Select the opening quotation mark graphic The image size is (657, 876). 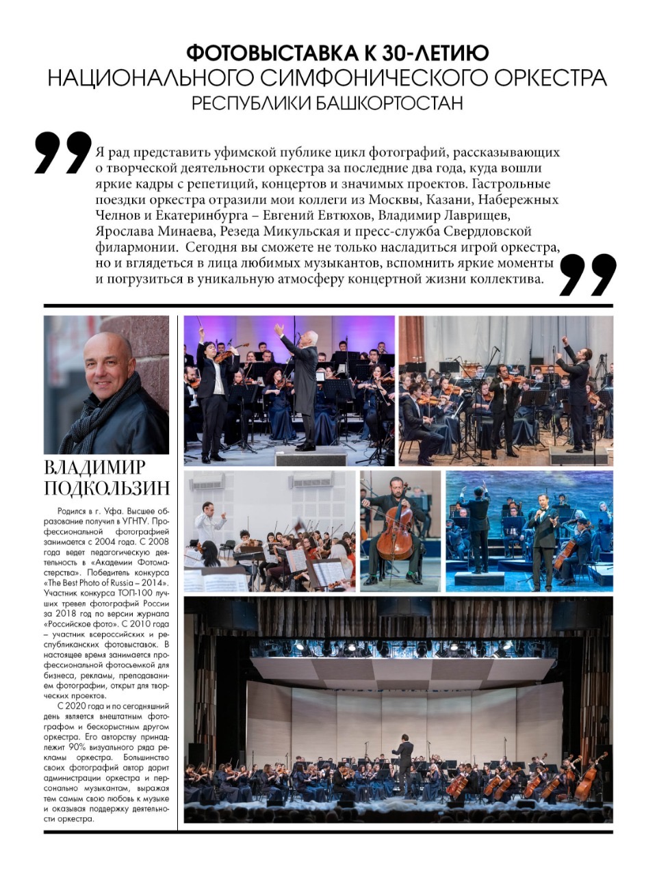(63, 153)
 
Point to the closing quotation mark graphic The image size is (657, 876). (588, 275)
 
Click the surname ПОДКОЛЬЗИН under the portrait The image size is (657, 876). (106, 489)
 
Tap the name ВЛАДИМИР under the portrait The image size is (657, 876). (94, 467)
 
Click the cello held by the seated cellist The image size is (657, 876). (396, 530)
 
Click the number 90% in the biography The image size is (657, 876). (88, 748)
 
